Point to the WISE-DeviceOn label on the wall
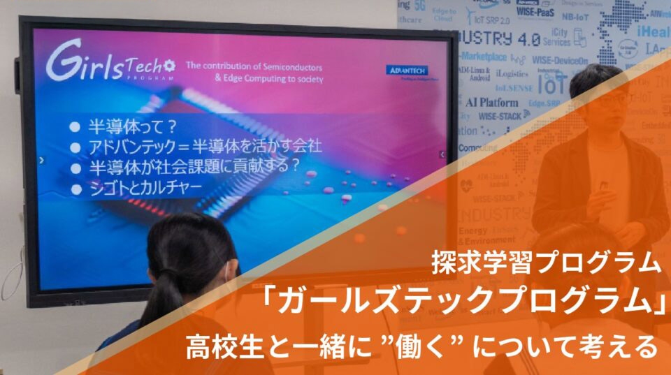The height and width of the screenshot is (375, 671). pos(559,61)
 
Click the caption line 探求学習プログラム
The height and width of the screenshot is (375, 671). pos(545,263)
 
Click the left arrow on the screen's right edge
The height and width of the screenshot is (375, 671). pos(442,154)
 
